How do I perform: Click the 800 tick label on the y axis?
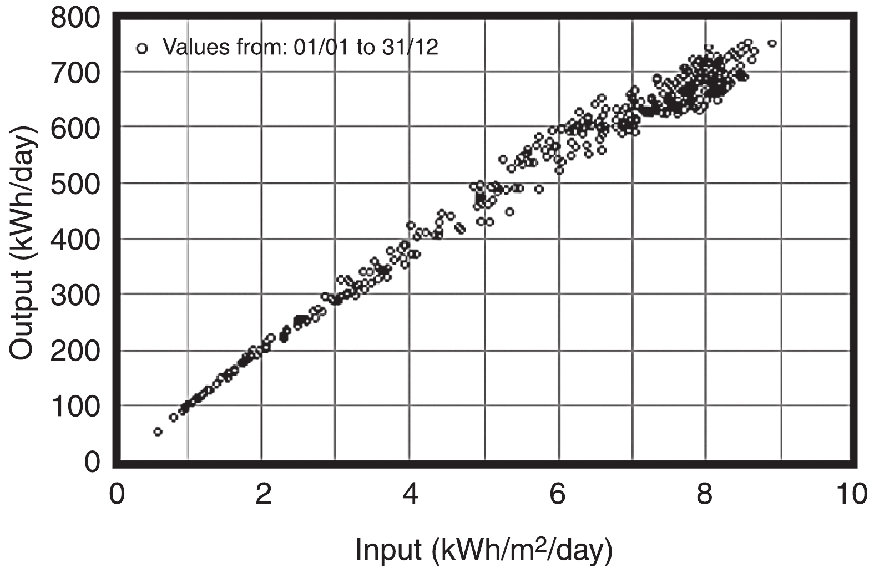click(x=75, y=18)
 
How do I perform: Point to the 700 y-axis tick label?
click(x=75, y=73)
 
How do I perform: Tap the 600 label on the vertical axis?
click(x=75, y=128)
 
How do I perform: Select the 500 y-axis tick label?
click(x=75, y=184)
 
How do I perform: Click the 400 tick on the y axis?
click(x=75, y=239)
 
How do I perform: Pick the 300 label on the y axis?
click(x=75, y=295)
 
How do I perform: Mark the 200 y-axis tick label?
click(x=75, y=351)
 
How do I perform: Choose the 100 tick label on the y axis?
click(x=75, y=407)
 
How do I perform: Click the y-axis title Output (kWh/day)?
click(x=23, y=242)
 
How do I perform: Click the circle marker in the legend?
click(x=142, y=48)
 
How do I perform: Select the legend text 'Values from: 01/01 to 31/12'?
click(x=300, y=48)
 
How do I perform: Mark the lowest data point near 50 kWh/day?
click(x=158, y=432)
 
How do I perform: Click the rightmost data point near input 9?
click(x=771, y=44)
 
